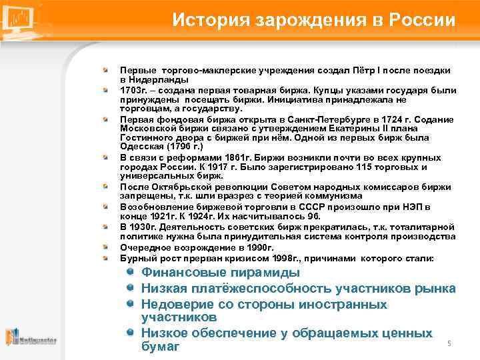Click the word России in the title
pos(423,19)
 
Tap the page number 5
pos(449,343)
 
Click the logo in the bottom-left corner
pos(30,338)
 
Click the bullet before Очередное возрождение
pos(105,247)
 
